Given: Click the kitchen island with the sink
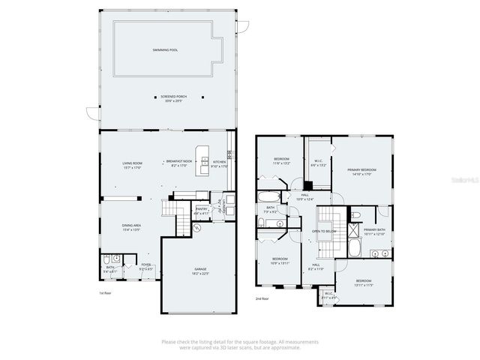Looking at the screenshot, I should pyautogui.click(x=202, y=161).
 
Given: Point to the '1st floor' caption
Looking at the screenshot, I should pyautogui.click(x=106, y=293).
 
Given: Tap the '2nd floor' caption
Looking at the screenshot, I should pyautogui.click(x=262, y=298).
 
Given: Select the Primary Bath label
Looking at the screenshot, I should pyautogui.click(x=374, y=232).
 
